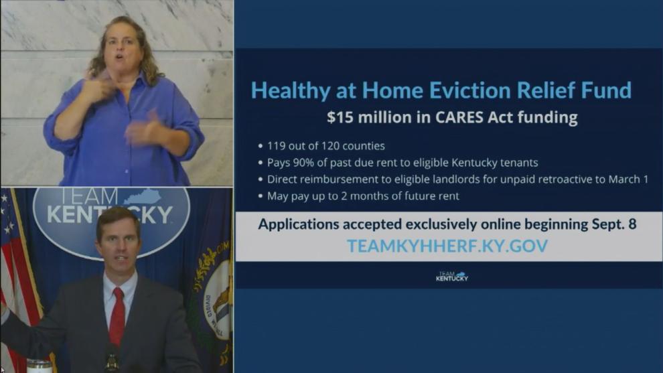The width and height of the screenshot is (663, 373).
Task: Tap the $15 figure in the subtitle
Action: tap(340, 117)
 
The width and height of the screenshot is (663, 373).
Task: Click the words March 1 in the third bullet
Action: tap(628, 179)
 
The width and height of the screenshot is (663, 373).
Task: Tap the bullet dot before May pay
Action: tap(261, 196)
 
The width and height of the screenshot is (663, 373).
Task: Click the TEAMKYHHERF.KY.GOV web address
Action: tap(447, 246)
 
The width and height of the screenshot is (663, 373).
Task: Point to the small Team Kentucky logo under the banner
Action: tap(452, 277)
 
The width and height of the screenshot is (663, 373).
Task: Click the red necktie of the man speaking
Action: tap(117, 315)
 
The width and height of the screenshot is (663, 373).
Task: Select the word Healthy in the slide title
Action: tap(291, 91)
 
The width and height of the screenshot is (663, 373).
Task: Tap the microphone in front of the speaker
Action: tap(112, 359)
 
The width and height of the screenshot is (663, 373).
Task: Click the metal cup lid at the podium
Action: tap(38, 364)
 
